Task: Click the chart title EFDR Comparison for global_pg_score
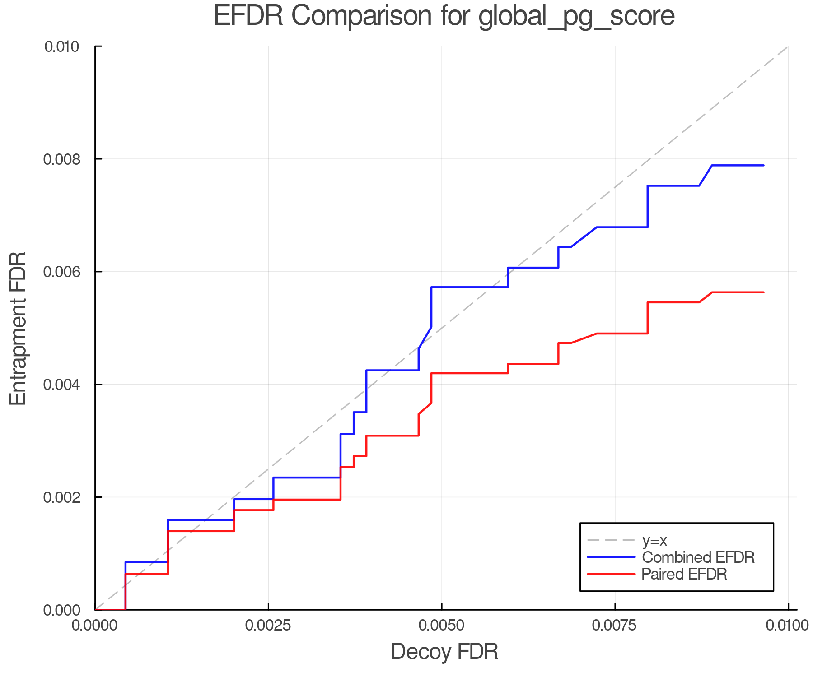coord(444,16)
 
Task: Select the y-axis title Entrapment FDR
coord(18,328)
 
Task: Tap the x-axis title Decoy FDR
coord(444,652)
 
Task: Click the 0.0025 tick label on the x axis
coord(268,626)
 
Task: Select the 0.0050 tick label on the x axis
coord(442,626)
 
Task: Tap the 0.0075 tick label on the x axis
coord(615,626)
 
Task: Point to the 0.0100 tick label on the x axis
coord(788,626)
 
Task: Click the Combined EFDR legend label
coord(698,557)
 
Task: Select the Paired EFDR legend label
coord(684,574)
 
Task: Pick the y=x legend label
coord(654,541)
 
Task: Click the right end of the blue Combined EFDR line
coord(763,166)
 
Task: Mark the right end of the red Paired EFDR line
coord(763,292)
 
